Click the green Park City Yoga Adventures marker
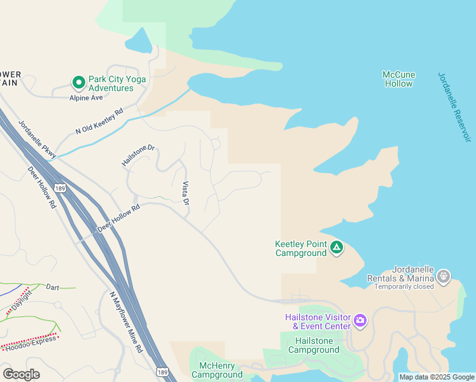tap(78, 83)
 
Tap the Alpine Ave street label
tap(86, 97)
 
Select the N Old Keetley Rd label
tap(99, 121)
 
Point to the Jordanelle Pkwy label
tap(37, 139)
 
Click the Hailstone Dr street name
tap(138, 156)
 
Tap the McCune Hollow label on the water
tap(398, 79)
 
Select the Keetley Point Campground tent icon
tap(336, 247)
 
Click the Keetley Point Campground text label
tap(300, 248)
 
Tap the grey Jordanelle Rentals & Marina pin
tap(444, 276)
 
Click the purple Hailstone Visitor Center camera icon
tap(360, 320)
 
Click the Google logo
tap(21, 374)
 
